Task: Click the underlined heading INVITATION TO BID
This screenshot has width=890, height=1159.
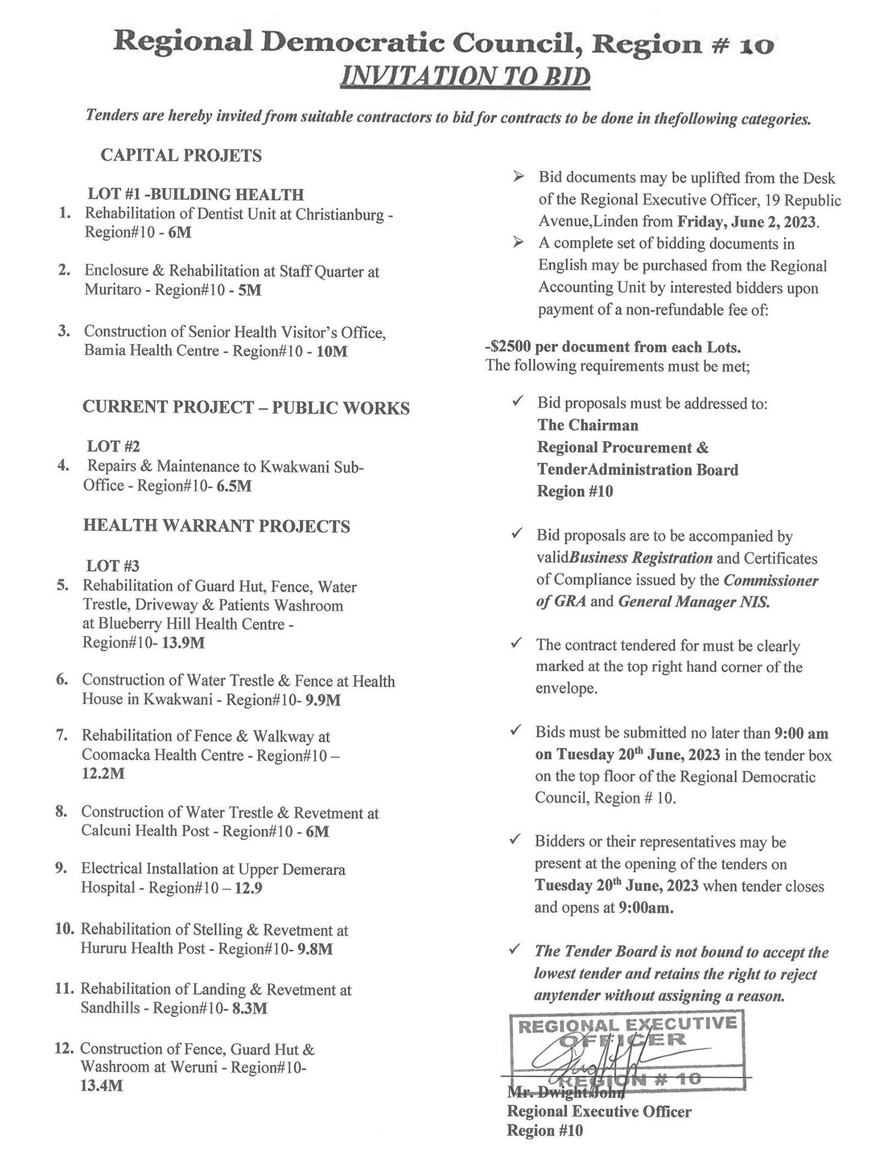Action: click(465, 77)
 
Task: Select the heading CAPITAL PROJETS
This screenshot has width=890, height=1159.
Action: click(181, 155)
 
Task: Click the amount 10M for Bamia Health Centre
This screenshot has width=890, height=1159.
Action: click(332, 352)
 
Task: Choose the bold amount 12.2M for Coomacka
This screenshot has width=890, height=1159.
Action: click(103, 774)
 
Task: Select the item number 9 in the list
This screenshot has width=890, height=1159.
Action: click(61, 868)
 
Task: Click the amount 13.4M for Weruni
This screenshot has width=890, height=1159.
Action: click(101, 1086)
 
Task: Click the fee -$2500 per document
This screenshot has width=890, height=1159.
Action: click(613, 347)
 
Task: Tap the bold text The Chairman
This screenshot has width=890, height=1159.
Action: click(588, 425)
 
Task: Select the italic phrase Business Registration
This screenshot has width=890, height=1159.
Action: click(641, 558)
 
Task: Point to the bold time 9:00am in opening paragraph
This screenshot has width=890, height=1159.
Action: click(646, 908)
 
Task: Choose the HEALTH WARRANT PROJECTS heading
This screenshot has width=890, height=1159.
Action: click(217, 526)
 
